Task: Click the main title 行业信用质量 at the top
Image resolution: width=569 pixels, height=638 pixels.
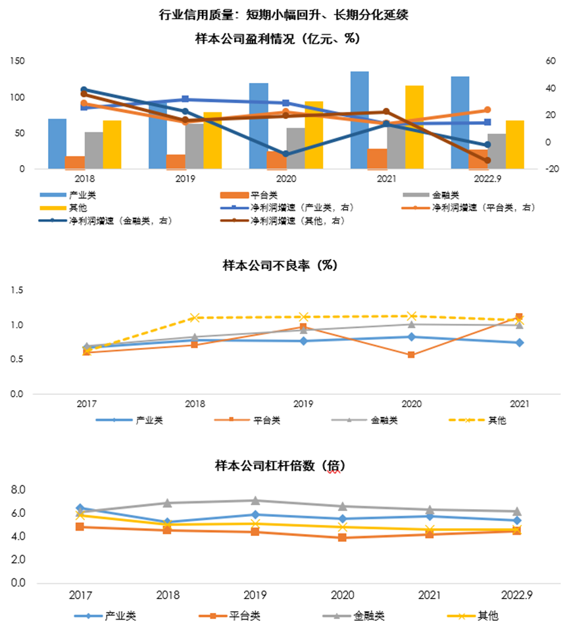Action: (x=284, y=14)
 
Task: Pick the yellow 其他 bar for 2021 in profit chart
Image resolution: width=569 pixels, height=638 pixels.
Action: (x=414, y=126)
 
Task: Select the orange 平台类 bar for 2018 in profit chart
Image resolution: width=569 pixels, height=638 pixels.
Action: (x=75, y=162)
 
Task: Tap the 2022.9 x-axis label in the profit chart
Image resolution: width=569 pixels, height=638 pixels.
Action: (x=487, y=178)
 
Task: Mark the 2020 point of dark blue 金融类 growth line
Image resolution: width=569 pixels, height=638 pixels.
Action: (x=285, y=154)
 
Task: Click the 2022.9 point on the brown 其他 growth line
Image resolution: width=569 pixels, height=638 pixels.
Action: (x=487, y=160)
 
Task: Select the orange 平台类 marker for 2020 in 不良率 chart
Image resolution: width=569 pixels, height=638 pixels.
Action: (x=411, y=355)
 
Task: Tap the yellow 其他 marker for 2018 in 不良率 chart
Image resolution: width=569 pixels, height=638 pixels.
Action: (x=194, y=318)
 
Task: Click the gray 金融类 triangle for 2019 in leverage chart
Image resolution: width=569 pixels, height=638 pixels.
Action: (x=255, y=501)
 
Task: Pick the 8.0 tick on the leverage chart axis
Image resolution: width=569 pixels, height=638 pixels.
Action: (x=18, y=490)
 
